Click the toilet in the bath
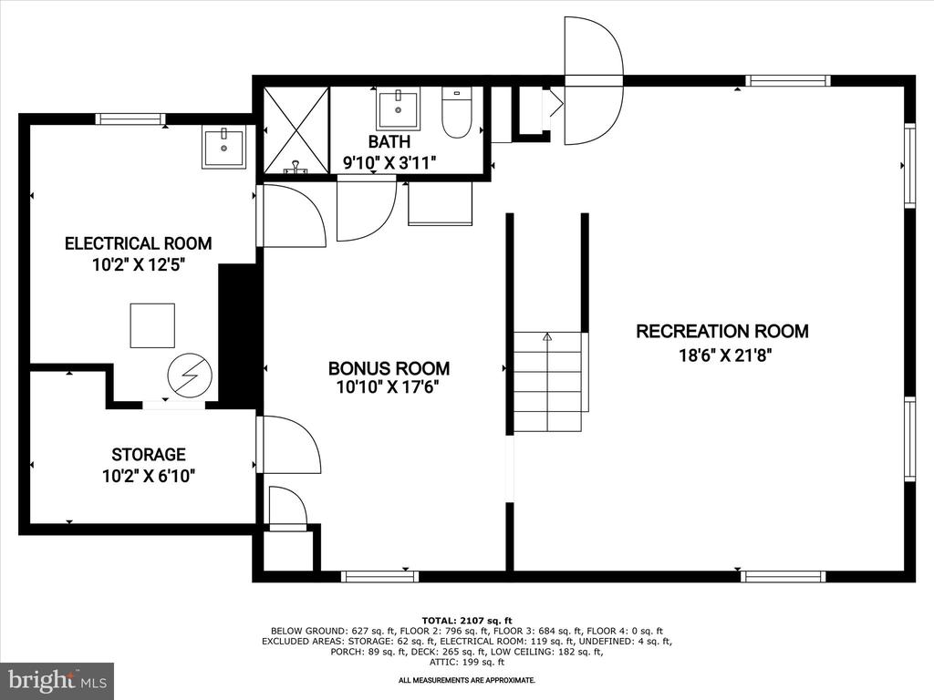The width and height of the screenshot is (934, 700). coord(457,112)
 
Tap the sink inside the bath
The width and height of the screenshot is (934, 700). coord(398,108)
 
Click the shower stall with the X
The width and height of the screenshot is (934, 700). coord(296,130)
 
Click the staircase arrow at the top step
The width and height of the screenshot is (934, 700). coord(547,337)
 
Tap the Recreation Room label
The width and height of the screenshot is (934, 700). coord(722,331)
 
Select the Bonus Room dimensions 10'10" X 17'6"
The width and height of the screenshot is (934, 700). coord(388,387)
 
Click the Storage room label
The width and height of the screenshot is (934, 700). coord(149,455)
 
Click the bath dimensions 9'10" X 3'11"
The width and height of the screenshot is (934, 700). coord(389,162)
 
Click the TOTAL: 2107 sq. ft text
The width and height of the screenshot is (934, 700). coord(467,620)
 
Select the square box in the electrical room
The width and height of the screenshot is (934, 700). coord(152,325)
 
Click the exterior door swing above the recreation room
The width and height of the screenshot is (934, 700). coord(594,81)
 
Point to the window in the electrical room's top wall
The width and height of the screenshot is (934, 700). coord(131,118)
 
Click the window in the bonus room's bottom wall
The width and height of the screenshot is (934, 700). coord(380,576)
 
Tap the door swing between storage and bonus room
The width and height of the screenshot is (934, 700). coord(289,445)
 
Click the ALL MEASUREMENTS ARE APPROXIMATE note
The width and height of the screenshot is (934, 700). coord(467,680)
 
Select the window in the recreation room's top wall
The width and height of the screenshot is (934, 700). coord(788,81)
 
